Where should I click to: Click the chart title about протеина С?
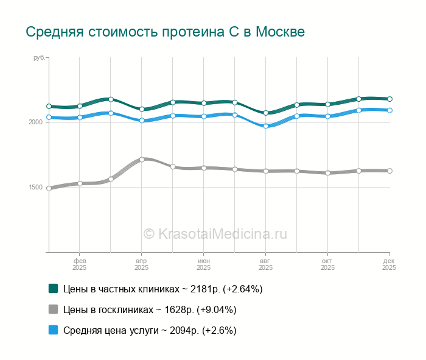tap(165, 32)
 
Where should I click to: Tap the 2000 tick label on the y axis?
tap(36, 122)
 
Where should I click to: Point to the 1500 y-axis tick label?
tap(36, 188)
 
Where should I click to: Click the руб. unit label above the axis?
tap(39, 57)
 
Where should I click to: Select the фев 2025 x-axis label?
tap(80, 264)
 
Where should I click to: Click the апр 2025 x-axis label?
tap(142, 264)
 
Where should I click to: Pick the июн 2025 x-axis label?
tap(204, 264)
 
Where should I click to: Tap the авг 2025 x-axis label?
tap(266, 264)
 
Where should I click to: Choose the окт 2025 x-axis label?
tap(328, 264)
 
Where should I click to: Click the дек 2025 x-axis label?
tap(389, 264)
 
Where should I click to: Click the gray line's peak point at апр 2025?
tap(142, 160)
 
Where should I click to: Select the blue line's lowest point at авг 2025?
tap(266, 126)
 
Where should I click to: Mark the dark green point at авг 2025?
tap(266, 113)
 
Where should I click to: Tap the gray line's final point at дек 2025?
tap(389, 171)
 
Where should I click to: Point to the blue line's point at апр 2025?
tap(142, 121)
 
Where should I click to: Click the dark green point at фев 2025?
tap(80, 106)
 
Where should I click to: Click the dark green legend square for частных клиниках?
tap(54, 288)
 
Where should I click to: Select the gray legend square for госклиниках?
tap(54, 309)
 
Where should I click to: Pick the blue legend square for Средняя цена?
tap(54, 330)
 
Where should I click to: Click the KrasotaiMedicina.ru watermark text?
tap(215, 233)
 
